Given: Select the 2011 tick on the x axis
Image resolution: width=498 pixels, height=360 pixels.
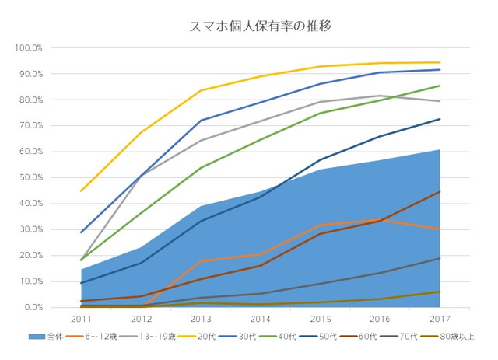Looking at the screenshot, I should click(81, 319).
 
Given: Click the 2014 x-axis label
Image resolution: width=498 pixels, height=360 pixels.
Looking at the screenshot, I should click(261, 319).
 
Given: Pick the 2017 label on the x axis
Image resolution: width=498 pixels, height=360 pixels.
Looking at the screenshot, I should click(440, 319).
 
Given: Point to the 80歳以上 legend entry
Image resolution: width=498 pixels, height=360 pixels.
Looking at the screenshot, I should click(458, 337).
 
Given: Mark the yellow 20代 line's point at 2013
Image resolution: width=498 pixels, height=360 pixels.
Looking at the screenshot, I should click(201, 90).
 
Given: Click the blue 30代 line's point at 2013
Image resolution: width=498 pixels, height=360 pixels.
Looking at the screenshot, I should click(201, 121).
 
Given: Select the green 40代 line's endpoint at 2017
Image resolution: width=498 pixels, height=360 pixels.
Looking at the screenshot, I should click(440, 86).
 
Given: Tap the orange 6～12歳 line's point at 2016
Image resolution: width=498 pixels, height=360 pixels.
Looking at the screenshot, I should click(380, 220).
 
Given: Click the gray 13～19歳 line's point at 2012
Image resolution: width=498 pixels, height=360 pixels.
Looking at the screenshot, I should click(141, 177).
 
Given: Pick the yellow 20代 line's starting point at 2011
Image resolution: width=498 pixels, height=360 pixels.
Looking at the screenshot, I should click(81, 190).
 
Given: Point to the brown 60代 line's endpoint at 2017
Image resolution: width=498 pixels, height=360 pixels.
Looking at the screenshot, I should click(440, 191).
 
